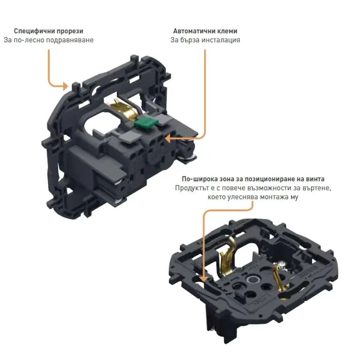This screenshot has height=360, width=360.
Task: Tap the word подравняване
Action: tap(70, 40)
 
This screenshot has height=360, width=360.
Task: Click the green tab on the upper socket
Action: tap(146, 123)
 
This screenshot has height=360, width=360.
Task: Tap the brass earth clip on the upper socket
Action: tap(124, 110)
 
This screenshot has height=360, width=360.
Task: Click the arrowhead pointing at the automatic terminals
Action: tap(168, 138)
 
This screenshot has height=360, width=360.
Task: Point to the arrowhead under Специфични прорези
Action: tap(66, 86)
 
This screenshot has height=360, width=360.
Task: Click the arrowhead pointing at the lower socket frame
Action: tap(203, 278)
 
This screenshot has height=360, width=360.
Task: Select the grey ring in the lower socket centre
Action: tap(253, 280)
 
